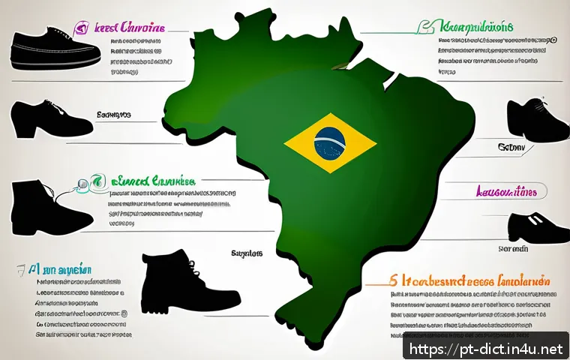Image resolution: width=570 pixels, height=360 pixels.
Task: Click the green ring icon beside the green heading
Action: pos(94,180)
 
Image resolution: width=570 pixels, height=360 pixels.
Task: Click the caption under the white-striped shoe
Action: pos(514,247)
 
